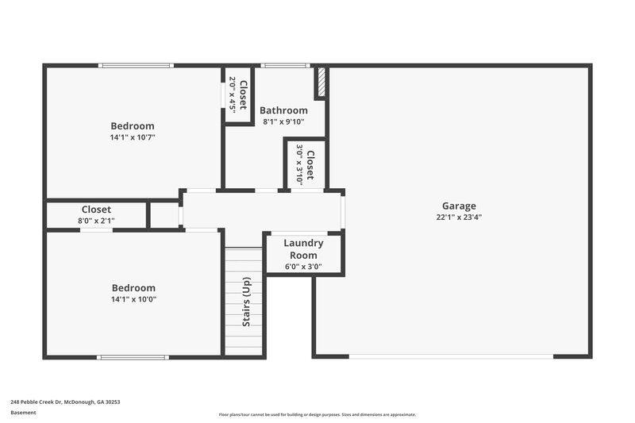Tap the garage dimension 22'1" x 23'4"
(460, 217)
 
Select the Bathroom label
(283, 110)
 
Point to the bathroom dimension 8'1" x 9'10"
(283, 121)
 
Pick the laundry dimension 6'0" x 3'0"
(303, 267)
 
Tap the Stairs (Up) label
(247, 302)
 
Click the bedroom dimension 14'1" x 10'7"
(133, 137)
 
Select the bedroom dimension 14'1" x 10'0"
(133, 299)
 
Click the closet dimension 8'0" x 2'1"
(96, 221)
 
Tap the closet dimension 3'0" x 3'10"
(299, 164)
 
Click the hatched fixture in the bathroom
(321, 83)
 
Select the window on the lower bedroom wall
(133, 357)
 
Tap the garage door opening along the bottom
(451, 356)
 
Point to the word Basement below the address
(23, 413)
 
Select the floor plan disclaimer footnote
(317, 414)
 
